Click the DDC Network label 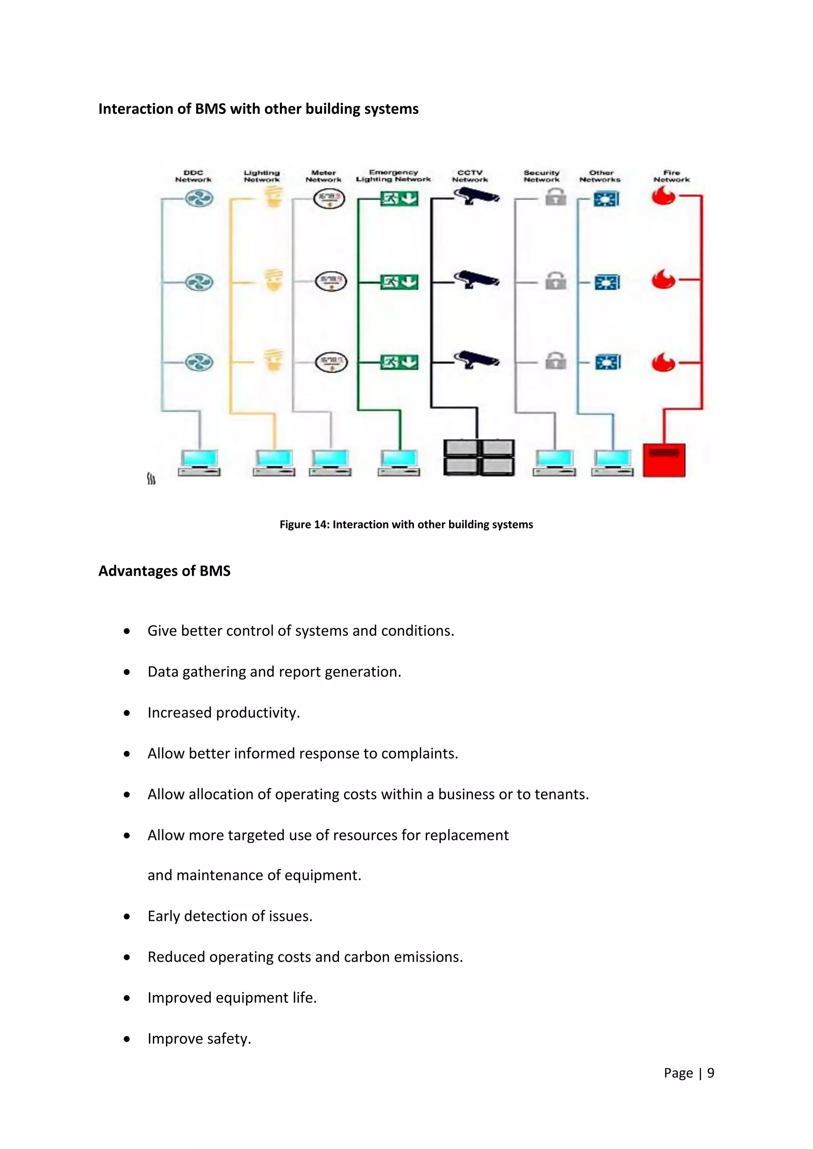point(193,176)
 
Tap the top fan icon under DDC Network point(199,199)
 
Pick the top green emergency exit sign point(399,199)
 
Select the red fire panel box point(664,460)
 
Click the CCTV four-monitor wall point(479,457)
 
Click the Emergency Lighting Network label point(393,176)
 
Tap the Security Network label point(541,176)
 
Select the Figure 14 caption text point(406,525)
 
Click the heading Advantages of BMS point(164,571)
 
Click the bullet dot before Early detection point(127,916)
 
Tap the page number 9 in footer point(710,1073)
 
